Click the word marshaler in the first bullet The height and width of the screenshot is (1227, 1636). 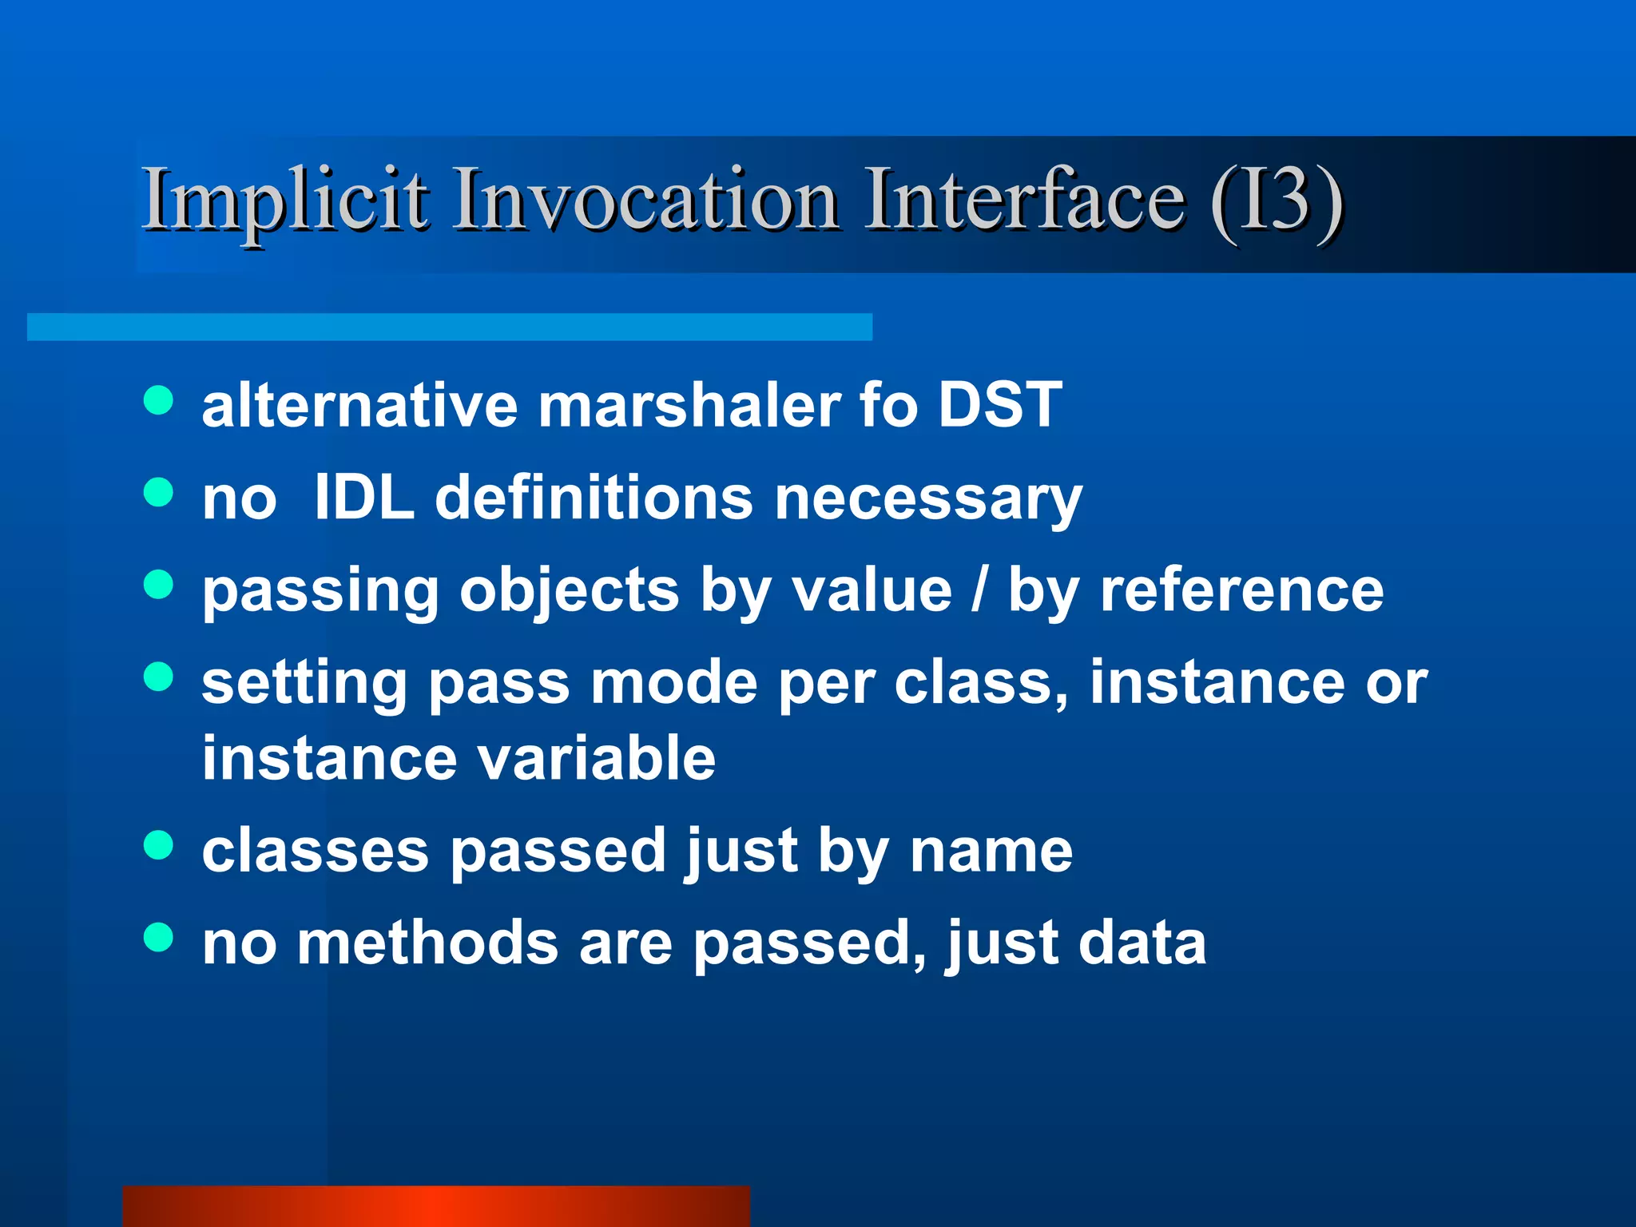(689, 406)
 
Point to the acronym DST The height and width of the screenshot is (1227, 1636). (999, 404)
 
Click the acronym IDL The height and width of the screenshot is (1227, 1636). (364, 497)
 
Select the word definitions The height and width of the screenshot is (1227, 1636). (593, 497)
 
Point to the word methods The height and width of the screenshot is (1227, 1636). (427, 943)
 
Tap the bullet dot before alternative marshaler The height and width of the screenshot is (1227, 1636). (158, 401)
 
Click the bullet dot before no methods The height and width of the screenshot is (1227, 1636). (158, 938)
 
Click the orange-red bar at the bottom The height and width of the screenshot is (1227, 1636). (436, 1205)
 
